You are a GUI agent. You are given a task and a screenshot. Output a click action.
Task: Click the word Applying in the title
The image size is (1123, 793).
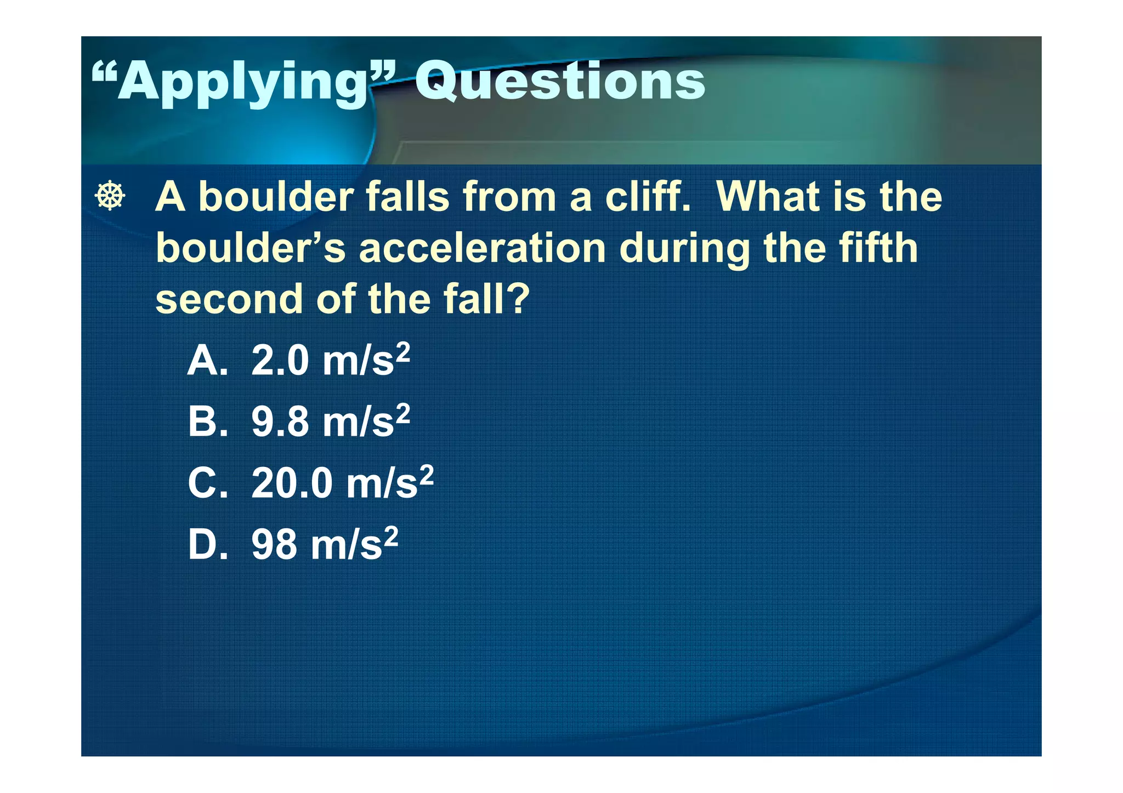pyautogui.click(x=241, y=82)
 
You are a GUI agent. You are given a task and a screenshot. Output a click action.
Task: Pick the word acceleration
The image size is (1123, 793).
pyautogui.click(x=482, y=248)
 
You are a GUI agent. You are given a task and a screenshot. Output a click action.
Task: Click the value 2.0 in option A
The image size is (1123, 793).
pyautogui.click(x=280, y=361)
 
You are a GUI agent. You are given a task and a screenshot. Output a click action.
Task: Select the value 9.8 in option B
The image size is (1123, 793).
pyautogui.click(x=280, y=423)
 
